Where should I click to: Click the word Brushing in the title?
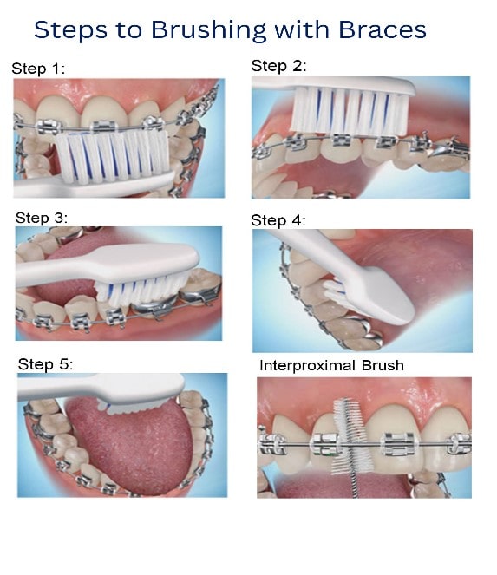pyautogui.click(x=209, y=30)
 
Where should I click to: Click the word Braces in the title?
pyautogui.click(x=383, y=29)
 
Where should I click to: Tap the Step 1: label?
pyautogui.click(x=38, y=69)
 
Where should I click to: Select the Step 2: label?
pyautogui.click(x=278, y=66)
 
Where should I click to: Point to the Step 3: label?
pyautogui.click(x=42, y=218)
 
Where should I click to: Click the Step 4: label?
pyautogui.click(x=278, y=220)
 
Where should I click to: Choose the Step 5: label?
pyautogui.click(x=45, y=364)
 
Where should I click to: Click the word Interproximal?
pyautogui.click(x=307, y=366)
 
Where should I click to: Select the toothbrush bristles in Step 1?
pyautogui.click(x=112, y=157)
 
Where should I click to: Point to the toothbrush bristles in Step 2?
pyautogui.click(x=350, y=110)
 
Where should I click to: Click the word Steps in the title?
pyautogui.click(x=71, y=30)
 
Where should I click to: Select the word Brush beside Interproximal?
pyautogui.click(x=383, y=366)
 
